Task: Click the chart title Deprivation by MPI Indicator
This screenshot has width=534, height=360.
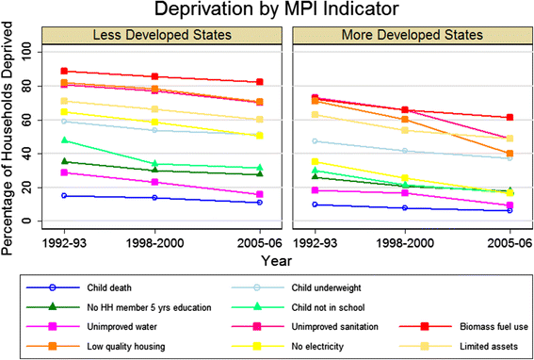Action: pyautogui.click(x=276, y=9)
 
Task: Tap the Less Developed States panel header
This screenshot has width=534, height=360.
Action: pyautogui.click(x=162, y=35)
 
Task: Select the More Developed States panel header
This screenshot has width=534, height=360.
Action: pyautogui.click(x=413, y=35)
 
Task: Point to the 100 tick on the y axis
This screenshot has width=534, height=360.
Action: pyautogui.click(x=27, y=52)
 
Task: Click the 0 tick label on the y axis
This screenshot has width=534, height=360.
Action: pyautogui.click(x=29, y=221)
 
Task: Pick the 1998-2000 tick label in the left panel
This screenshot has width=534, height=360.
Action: pyautogui.click(x=155, y=243)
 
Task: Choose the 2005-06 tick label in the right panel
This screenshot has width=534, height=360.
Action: pyautogui.click(x=510, y=243)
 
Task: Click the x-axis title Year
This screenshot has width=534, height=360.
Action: pyautogui.click(x=276, y=261)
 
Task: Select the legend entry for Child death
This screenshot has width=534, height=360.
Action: pyautogui.click(x=79, y=288)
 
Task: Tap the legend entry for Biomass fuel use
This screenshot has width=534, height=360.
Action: pyautogui.click(x=464, y=327)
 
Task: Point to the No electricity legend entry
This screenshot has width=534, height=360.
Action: pyautogui.click(x=287, y=347)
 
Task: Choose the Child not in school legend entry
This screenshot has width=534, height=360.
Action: pyautogui.click(x=298, y=307)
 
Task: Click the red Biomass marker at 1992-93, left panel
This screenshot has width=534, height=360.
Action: pyautogui.click(x=64, y=71)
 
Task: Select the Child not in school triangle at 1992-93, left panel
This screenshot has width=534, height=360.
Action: pyautogui.click(x=64, y=140)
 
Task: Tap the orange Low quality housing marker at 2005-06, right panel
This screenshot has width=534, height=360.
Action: pyautogui.click(x=510, y=154)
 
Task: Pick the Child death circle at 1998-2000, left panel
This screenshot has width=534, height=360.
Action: pyautogui.click(x=155, y=198)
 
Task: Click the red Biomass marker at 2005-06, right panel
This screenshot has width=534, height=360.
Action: pyautogui.click(x=510, y=117)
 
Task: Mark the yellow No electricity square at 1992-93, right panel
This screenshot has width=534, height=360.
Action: pyautogui.click(x=315, y=161)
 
